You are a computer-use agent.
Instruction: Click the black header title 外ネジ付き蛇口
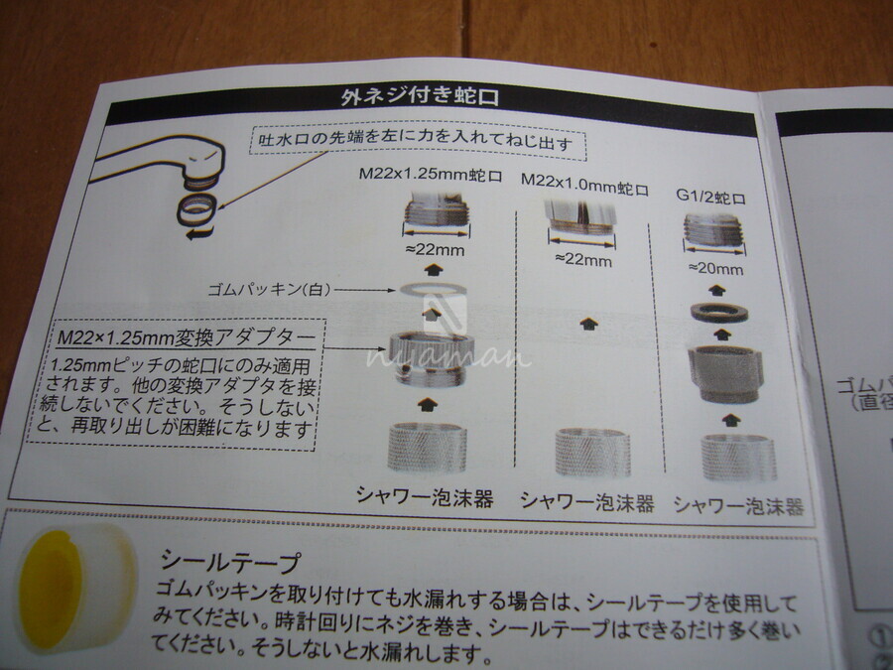pyautogui.click(x=420, y=96)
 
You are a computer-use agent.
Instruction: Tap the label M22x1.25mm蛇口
pyautogui.click(x=431, y=175)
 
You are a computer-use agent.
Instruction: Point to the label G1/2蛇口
pyautogui.click(x=710, y=198)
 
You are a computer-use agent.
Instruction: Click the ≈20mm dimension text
pyautogui.click(x=715, y=268)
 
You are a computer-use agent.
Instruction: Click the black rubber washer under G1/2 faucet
pyautogui.click(x=719, y=313)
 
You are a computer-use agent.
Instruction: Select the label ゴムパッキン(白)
pyautogui.click(x=269, y=290)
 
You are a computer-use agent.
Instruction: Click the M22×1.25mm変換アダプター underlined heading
pyautogui.click(x=187, y=337)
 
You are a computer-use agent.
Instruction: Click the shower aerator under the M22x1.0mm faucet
pyautogui.click(x=593, y=453)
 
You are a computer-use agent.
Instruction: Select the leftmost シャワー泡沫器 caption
pyautogui.click(x=425, y=497)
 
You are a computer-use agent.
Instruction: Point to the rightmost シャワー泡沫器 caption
pyautogui.click(x=738, y=505)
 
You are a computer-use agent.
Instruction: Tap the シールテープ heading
pyautogui.click(x=229, y=561)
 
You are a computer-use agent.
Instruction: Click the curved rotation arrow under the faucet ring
pyautogui.click(x=200, y=232)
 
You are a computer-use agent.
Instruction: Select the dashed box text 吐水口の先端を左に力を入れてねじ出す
pyautogui.click(x=417, y=141)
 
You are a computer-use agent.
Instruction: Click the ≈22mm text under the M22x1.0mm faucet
pyautogui.click(x=583, y=260)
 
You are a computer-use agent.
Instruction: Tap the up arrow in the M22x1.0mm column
pyautogui.click(x=588, y=325)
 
